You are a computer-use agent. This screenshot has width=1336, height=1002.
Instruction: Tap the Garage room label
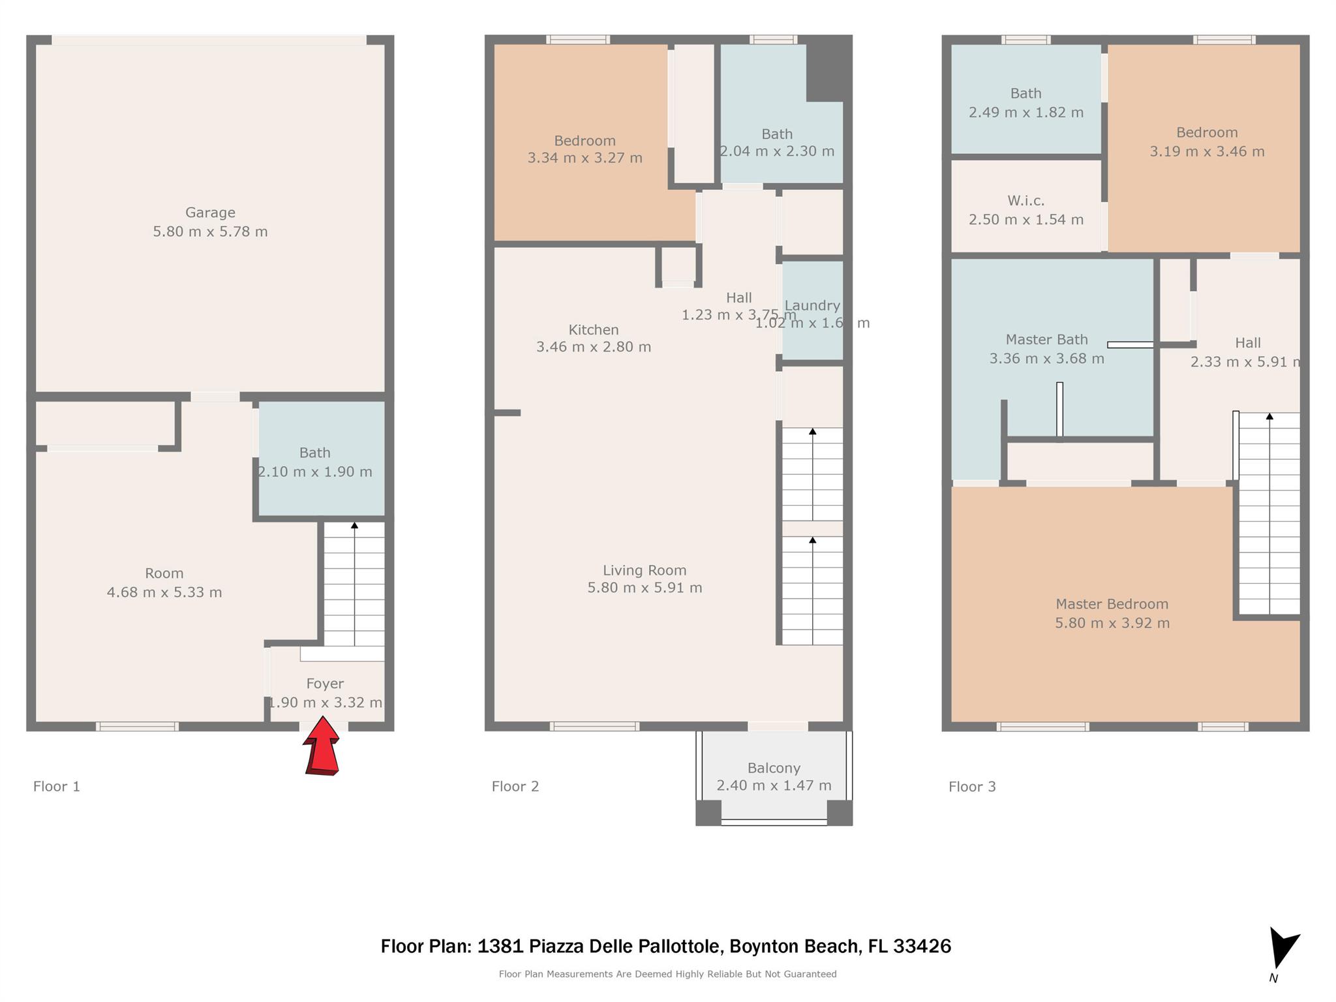click(210, 213)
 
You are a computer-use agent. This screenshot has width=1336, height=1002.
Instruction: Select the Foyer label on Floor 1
click(325, 684)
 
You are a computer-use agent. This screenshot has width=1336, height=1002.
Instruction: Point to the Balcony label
click(774, 768)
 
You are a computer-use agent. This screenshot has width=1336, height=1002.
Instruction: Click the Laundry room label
click(812, 305)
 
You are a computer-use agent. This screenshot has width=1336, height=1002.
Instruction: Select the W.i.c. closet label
click(1025, 201)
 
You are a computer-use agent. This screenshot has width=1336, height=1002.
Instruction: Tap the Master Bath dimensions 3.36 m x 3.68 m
click(1046, 359)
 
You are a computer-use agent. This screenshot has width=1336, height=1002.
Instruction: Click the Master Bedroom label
click(1112, 604)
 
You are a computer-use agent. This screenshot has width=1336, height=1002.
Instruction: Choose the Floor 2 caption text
click(515, 786)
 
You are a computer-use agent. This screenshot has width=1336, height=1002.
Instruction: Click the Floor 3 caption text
click(972, 787)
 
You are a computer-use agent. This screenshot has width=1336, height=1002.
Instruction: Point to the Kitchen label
click(593, 330)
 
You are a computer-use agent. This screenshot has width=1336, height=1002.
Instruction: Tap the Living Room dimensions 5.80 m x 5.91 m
click(645, 588)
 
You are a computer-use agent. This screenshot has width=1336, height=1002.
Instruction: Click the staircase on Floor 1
click(354, 584)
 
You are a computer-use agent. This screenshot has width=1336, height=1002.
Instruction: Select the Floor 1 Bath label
click(314, 453)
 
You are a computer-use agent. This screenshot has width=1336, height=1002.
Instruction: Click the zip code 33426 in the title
click(922, 946)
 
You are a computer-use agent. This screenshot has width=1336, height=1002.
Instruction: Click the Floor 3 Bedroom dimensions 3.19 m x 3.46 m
click(1207, 152)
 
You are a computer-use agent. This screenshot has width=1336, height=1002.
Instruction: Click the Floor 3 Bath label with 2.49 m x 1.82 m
click(1025, 94)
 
